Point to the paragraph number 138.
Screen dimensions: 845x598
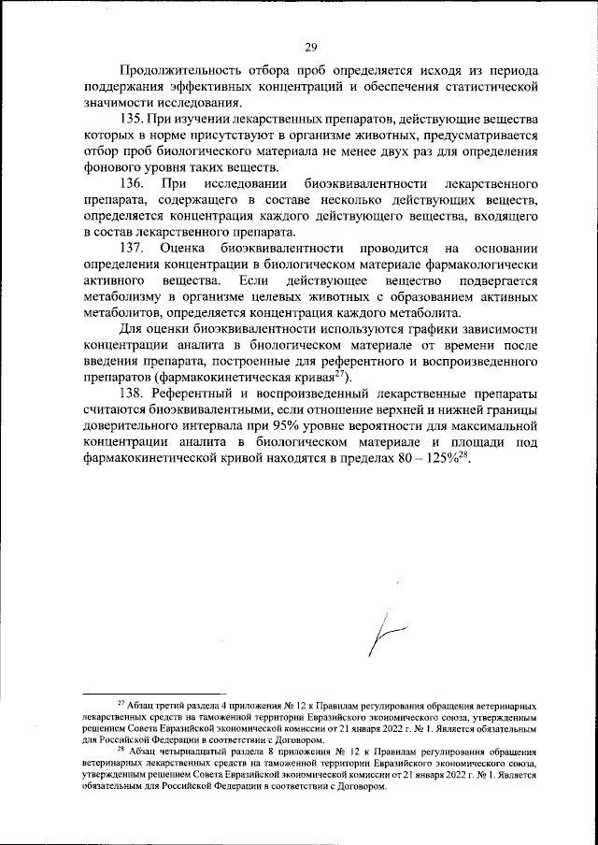point(136,394)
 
